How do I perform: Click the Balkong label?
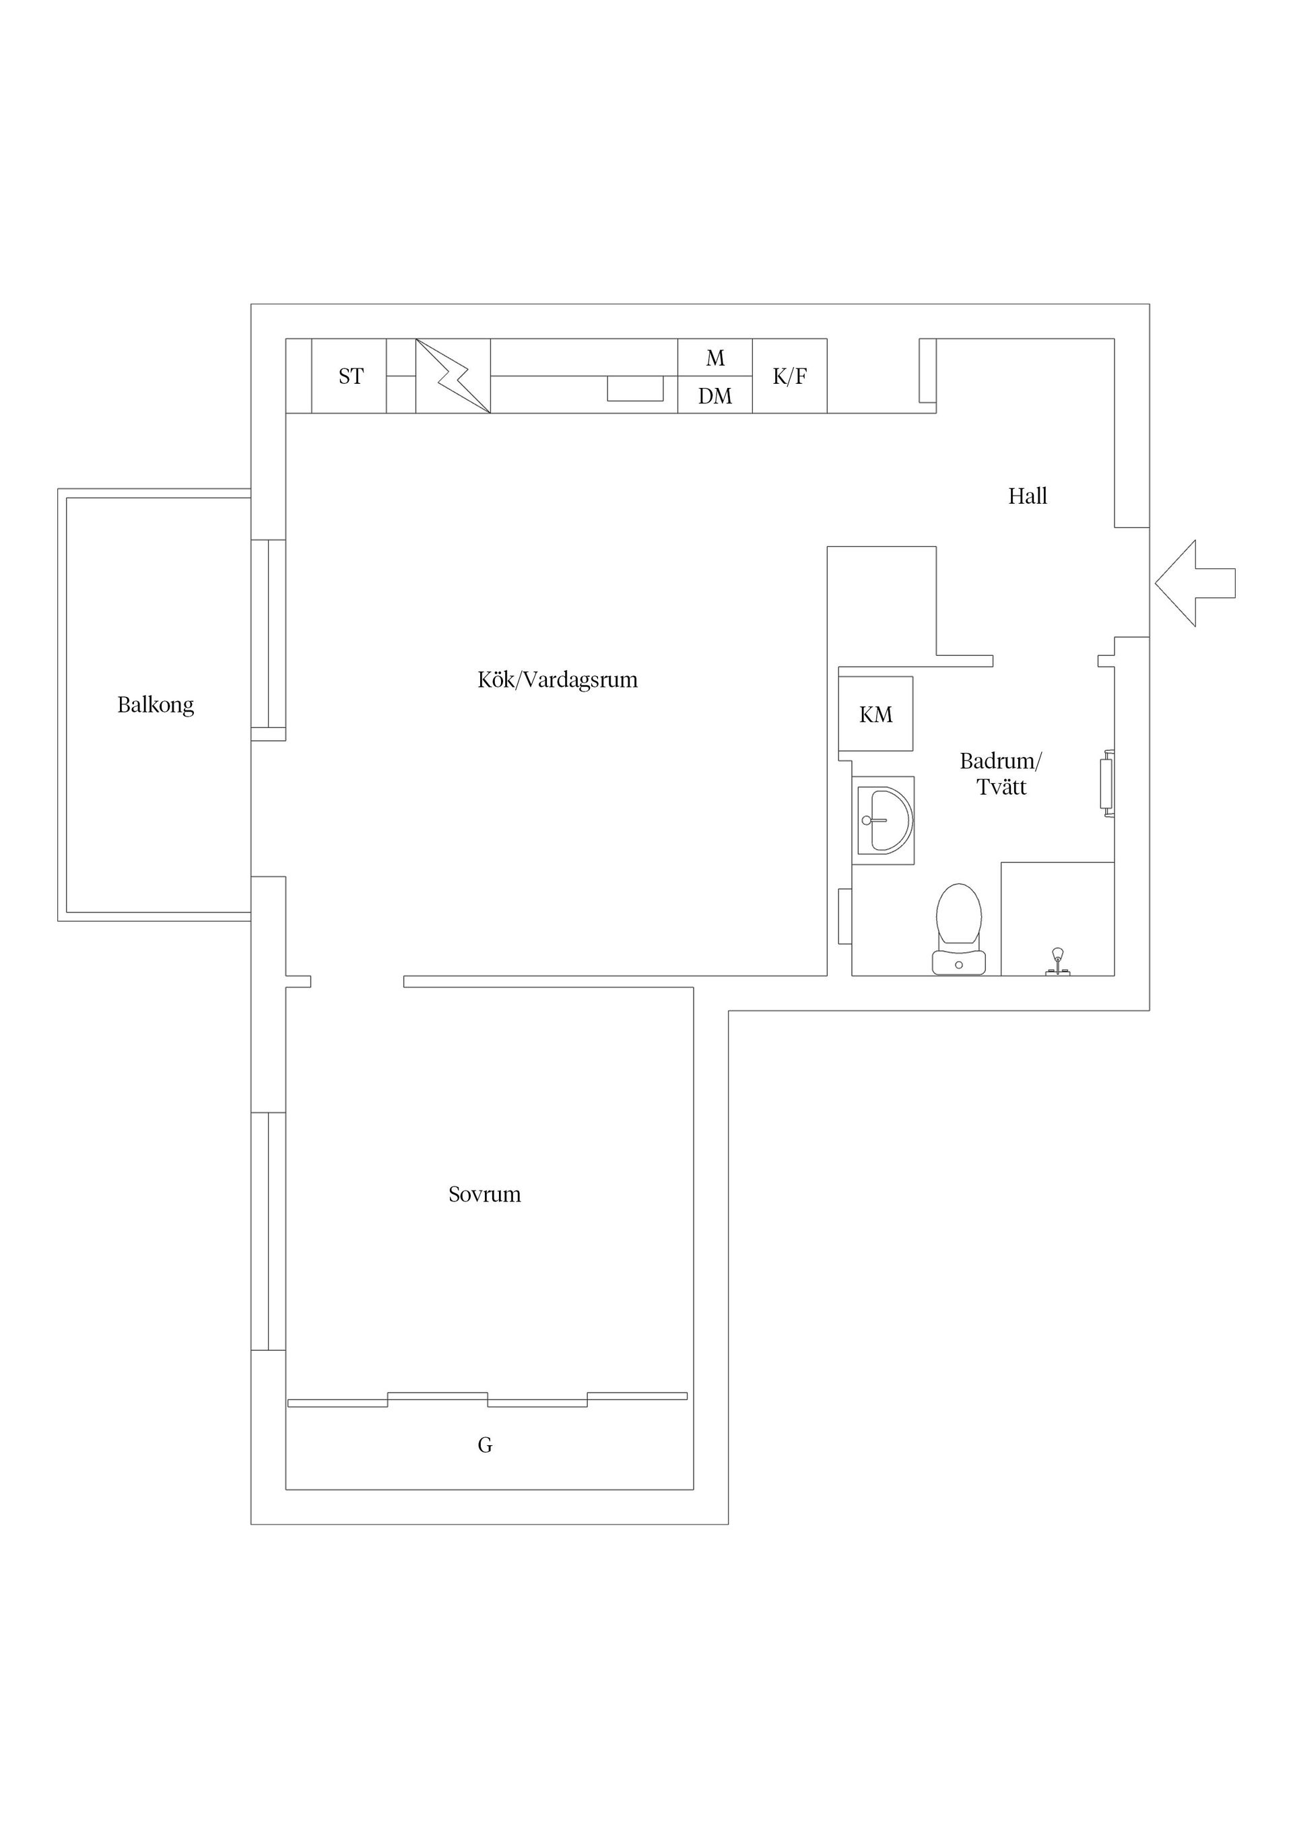156,705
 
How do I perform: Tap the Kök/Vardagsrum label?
558,679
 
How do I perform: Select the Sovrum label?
484,1194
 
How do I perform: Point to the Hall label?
1028,496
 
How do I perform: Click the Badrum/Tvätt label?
1001,774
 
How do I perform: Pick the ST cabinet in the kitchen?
349,376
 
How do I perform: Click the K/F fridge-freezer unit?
789,376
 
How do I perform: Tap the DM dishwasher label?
715,396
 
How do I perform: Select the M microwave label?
715,358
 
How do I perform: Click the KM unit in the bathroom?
875,714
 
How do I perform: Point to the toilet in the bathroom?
959,929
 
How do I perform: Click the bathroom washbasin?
884,820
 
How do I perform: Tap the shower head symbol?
1058,962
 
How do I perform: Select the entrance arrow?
1195,583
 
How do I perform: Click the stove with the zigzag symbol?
453,376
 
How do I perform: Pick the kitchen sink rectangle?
635,389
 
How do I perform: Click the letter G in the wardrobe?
485,1445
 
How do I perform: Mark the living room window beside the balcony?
269,634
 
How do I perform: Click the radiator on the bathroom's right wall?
1106,784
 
